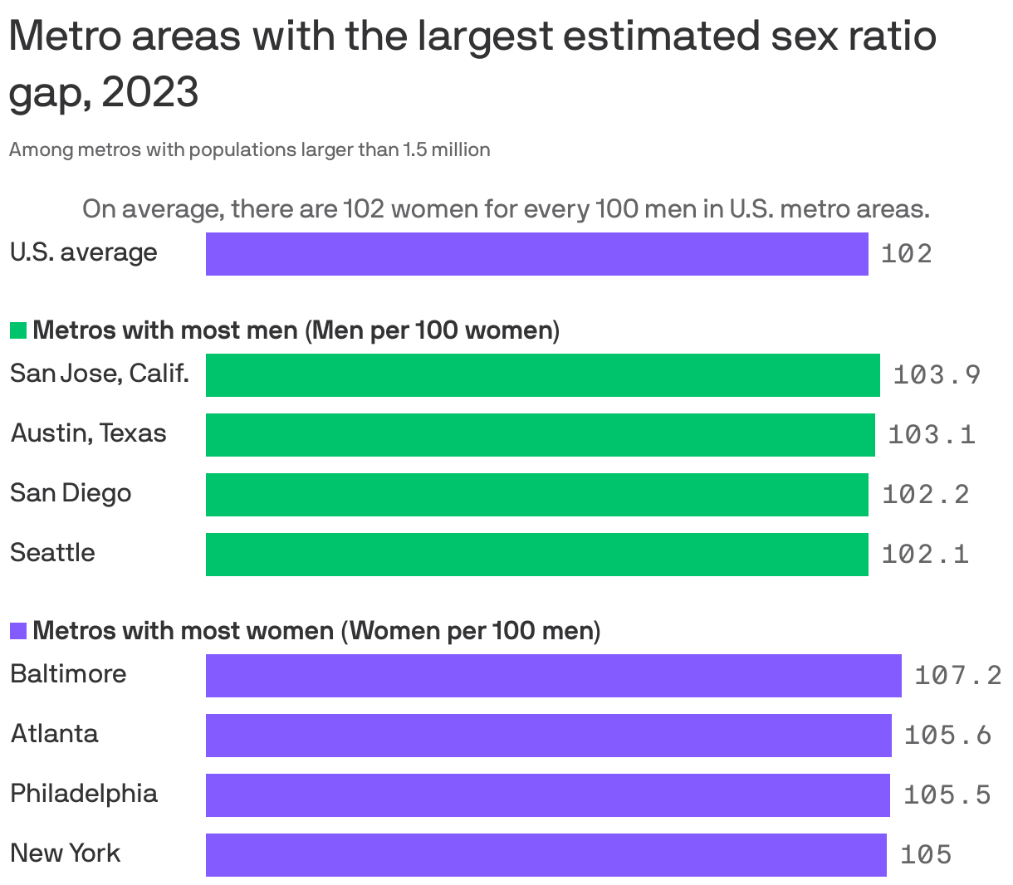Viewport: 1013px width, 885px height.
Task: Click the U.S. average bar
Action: coord(536,253)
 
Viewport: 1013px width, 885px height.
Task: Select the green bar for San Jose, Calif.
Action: coord(542,374)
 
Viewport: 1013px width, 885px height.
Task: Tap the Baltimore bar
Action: coord(553,675)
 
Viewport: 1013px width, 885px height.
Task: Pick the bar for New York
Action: coord(546,854)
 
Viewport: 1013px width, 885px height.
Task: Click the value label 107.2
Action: coord(958,675)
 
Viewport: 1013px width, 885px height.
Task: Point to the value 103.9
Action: coord(937,375)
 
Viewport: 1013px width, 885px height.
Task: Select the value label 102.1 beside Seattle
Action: coord(925,554)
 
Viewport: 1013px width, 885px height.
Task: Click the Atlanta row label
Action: coord(55,734)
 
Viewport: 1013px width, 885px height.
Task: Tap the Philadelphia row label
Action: coord(84,794)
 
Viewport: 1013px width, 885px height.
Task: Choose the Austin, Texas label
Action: coord(88,433)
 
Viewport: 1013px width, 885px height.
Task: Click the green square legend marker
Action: coord(18,331)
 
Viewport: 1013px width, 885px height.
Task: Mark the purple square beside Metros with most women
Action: coord(18,632)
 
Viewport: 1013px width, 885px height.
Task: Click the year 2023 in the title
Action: coord(150,92)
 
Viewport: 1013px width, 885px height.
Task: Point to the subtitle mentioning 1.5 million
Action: coord(249,150)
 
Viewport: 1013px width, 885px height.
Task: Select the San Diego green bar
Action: coord(536,494)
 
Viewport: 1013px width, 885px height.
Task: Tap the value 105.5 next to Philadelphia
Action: coord(947,795)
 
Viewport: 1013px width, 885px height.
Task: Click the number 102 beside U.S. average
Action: coord(906,254)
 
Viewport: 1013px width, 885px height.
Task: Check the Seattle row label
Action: coord(52,553)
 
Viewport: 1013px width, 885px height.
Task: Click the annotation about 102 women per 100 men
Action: coord(506,209)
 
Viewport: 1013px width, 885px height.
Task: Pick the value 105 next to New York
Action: coord(925,855)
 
